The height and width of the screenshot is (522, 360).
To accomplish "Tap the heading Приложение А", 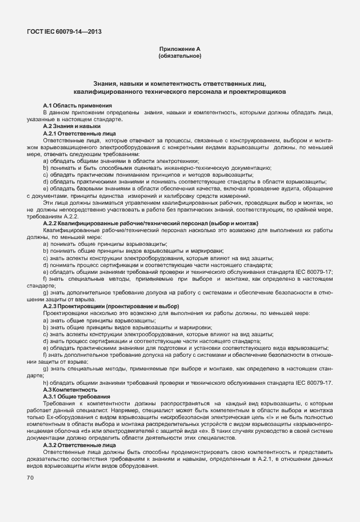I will coord(179,50).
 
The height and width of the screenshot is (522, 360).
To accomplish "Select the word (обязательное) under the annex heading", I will coord(179,57).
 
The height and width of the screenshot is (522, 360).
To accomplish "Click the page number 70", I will coord(31,477).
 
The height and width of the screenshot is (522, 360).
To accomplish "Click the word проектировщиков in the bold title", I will coord(260,91).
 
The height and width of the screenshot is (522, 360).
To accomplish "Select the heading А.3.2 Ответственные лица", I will coord(79,444).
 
